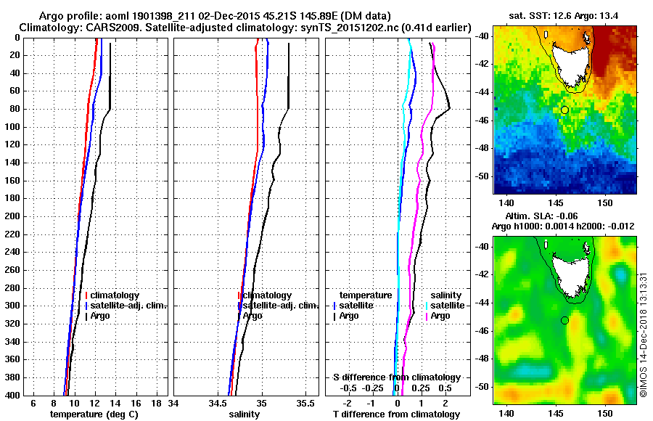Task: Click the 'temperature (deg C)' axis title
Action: [x=94, y=414]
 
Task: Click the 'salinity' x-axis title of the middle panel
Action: [x=245, y=414]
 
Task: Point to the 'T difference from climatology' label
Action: [x=397, y=414]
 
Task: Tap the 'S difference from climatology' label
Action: [x=397, y=377]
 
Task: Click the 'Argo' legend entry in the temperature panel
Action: [x=102, y=316]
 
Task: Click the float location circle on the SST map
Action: [x=564, y=110]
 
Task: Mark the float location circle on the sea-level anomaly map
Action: [x=564, y=320]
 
